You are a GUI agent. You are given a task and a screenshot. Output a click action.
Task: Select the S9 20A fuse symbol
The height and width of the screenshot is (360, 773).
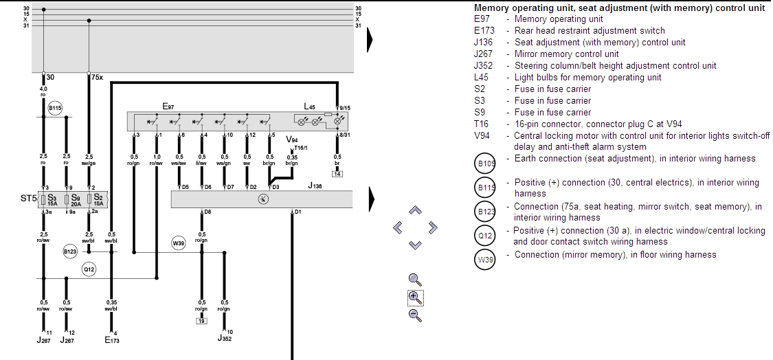click(67, 201)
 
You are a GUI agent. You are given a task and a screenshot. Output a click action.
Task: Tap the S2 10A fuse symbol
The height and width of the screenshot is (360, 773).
click(89, 201)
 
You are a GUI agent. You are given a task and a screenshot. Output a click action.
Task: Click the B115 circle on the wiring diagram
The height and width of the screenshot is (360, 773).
click(55, 108)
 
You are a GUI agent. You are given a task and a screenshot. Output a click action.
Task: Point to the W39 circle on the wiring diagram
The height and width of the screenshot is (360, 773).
click(179, 243)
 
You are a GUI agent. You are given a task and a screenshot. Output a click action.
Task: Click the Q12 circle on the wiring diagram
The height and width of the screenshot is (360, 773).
click(89, 269)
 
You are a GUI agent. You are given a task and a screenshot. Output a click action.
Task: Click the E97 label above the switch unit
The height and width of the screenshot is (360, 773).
click(168, 106)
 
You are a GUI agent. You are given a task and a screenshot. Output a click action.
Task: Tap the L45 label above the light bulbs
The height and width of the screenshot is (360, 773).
click(310, 106)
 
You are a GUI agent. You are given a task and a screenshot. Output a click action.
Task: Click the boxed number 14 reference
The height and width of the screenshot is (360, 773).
click(337, 174)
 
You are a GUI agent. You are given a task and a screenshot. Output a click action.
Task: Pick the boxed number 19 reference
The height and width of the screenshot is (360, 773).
click(201, 320)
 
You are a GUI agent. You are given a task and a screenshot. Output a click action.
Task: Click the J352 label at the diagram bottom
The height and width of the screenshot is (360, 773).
click(224, 338)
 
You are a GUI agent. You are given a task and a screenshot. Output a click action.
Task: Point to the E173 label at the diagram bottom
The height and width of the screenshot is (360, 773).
click(111, 339)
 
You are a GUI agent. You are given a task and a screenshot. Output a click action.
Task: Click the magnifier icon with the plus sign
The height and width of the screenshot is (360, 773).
click(414, 297)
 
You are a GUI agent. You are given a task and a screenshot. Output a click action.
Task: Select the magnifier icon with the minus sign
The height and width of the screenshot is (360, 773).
click(414, 315)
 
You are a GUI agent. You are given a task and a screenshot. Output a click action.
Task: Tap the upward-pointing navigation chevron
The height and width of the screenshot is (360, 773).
click(415, 210)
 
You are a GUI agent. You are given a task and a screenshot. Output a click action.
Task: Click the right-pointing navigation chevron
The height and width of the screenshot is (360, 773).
click(433, 227)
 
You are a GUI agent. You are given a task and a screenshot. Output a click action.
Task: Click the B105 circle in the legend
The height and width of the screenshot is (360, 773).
click(485, 164)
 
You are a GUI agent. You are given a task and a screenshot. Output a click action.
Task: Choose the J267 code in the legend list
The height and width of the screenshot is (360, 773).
click(483, 54)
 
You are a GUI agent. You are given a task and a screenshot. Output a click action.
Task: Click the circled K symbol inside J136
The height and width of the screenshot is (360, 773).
click(262, 199)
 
